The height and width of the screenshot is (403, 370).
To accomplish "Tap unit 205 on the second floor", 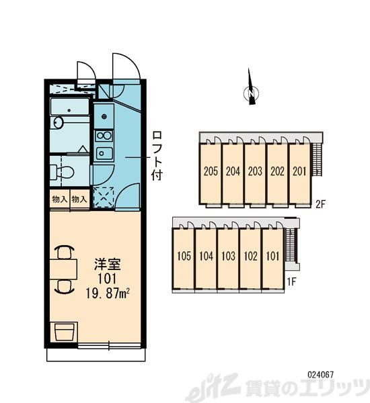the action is point(211,171).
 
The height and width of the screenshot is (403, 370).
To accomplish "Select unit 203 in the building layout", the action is point(255,171).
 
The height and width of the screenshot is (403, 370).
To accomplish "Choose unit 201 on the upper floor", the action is point(299,171).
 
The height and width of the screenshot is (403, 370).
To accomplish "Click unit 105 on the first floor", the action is point(184,256).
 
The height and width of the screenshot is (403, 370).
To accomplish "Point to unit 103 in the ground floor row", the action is point(228,256).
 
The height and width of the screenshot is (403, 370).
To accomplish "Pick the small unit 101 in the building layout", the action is point(272,256).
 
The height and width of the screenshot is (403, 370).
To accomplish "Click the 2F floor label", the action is point(321,204).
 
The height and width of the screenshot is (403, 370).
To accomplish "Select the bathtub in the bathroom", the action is point(69,107).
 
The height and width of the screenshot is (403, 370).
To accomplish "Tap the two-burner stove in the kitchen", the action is point(104,136).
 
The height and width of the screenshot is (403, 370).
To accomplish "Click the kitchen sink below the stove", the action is point(104,153).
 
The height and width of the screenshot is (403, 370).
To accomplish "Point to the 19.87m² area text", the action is point(108,294).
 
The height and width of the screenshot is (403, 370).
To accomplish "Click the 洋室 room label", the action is point(108,265).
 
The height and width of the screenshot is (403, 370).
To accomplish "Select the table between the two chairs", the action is point(64,269).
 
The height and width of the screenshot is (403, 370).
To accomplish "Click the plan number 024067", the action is point(321,375).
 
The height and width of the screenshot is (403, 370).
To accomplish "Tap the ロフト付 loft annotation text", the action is point(157,156).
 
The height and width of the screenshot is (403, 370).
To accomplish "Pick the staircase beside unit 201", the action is point(317,159).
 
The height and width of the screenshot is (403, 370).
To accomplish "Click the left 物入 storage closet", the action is point(59,199).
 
